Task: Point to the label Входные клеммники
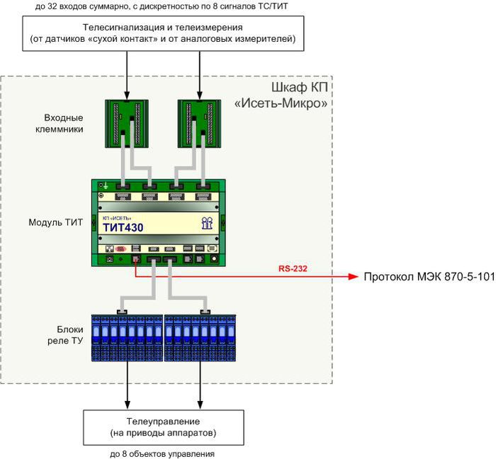pos(64,123)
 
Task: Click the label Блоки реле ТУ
pos(69,336)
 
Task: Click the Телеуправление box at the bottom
pos(163,427)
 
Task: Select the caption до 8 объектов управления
pos(162,453)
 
